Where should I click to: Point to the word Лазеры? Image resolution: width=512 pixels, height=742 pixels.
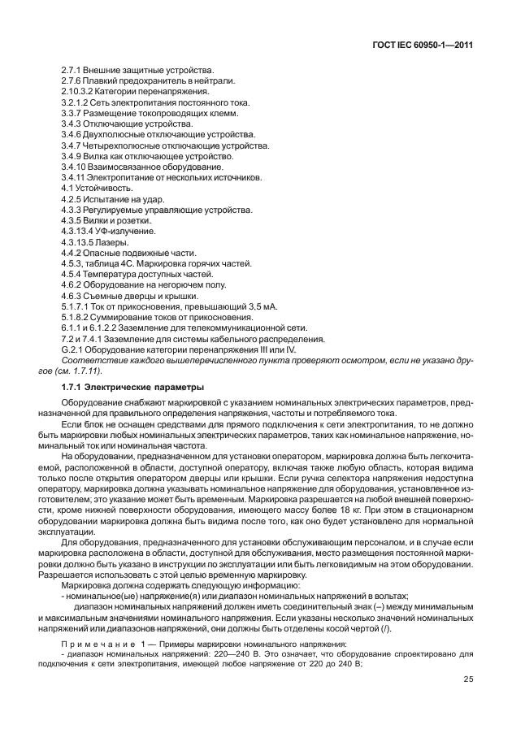pos(114,241)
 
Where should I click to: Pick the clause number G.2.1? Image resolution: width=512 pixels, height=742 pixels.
pos(73,348)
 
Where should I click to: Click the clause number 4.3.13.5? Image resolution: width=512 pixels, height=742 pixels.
pos(79,241)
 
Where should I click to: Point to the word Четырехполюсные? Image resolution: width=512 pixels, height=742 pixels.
pos(123,145)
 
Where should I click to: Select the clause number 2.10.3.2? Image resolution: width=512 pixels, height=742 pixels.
pos(79,92)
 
